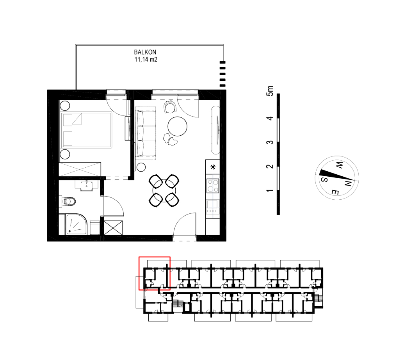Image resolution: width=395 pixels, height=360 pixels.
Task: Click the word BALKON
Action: click(145, 52)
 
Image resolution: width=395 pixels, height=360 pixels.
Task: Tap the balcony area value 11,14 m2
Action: click(146, 59)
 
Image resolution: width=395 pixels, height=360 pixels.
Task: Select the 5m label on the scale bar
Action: click(270, 91)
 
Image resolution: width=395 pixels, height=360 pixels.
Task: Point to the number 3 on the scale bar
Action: click(270, 142)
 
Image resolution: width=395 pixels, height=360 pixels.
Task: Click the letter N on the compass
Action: click(348, 184)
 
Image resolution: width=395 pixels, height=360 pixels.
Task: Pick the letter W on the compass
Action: click(339, 165)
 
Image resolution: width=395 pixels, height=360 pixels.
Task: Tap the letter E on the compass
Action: click(335, 192)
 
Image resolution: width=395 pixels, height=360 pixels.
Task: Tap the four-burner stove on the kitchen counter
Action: click(213, 186)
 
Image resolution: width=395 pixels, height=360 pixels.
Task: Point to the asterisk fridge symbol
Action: click(213, 167)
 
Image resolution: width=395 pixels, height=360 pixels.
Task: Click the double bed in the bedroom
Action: click(86, 129)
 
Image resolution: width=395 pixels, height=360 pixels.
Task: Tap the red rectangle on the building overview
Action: click(155, 273)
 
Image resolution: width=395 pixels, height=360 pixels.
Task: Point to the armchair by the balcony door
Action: click(170, 107)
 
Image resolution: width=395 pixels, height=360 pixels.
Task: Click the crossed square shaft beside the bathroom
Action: click(113, 228)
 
